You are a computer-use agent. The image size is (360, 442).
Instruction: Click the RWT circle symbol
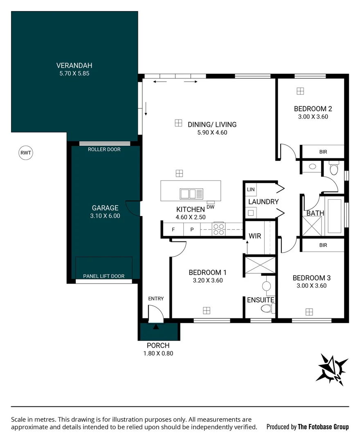coord(25,153)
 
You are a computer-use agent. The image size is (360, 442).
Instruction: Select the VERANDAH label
coord(74,65)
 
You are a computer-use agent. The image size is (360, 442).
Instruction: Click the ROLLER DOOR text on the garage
coord(104,149)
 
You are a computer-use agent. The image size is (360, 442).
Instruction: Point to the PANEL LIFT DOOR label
coord(103,276)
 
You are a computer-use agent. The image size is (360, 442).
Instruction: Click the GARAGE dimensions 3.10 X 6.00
coord(105,216)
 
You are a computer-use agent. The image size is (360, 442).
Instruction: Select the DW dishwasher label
coord(211,207)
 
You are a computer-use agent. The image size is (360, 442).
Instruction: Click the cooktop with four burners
coord(218,229)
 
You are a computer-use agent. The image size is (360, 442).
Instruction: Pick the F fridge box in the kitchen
coord(173,230)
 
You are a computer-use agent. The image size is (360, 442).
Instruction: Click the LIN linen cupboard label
coord(250,190)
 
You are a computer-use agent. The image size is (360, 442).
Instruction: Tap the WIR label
coord(255,236)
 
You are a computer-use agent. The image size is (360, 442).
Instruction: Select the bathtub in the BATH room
coord(334,216)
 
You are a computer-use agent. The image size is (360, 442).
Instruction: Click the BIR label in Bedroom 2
coord(323,152)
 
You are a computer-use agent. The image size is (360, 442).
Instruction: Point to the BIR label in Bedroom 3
coord(323,246)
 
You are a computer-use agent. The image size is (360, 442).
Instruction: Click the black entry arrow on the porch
coord(155,327)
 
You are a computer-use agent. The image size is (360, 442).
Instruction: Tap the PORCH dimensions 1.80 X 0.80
coord(158,354)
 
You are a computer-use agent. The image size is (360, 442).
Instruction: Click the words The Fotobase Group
coord(323,427)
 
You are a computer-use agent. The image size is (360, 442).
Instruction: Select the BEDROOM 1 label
coord(207,273)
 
